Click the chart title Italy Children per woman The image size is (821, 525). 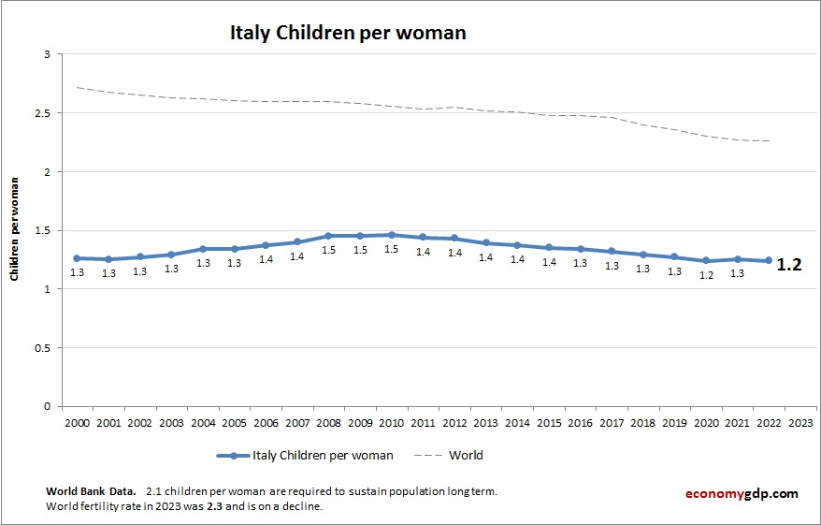348,33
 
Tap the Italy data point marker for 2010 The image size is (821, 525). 391,235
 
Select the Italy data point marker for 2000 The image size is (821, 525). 77,258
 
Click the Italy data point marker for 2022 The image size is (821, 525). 769,260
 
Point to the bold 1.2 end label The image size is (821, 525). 789,265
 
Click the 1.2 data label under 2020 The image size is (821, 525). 706,275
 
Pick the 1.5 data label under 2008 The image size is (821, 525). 328,251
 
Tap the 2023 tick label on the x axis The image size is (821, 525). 800,423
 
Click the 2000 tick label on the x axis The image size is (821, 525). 77,423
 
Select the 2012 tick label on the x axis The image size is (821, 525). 454,423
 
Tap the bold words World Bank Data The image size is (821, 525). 90,490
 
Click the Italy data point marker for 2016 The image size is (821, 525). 580,249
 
